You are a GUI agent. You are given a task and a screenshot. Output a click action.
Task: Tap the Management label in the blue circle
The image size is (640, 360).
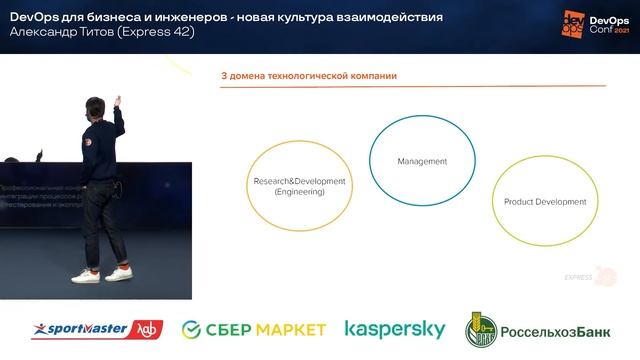pos(421,161)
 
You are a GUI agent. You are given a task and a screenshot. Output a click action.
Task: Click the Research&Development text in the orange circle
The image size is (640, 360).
pos(299,181)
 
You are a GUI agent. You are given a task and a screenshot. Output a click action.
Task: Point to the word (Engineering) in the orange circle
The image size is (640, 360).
pos(299,192)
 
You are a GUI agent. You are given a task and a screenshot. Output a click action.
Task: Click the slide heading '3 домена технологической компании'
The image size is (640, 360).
pos(309,76)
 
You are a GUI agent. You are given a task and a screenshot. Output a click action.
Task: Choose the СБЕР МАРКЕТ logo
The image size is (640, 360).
pos(255,329)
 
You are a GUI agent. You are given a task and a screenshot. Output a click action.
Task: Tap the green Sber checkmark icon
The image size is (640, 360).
pos(195,329)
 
